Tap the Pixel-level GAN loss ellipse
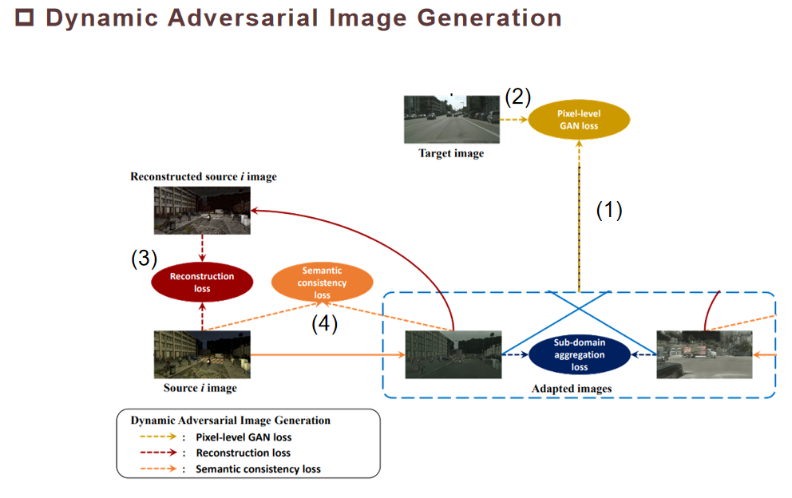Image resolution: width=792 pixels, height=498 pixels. pos(579,120)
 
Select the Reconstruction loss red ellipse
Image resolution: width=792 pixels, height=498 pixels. pos(202,282)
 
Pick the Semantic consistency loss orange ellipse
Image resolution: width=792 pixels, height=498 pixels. pos(322,283)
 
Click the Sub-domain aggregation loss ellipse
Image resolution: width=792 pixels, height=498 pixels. pos(580,355)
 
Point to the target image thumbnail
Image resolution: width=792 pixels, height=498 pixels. pos(451,119)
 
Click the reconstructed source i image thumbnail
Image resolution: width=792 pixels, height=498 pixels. pos(202,209)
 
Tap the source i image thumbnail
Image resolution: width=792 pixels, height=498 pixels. pos(202,354)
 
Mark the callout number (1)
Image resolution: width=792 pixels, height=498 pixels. pos(609,210)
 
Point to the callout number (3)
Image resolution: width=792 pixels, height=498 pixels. pos(144,259)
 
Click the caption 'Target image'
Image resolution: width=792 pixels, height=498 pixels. pos(451,153)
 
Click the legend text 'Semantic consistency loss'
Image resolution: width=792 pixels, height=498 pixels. pos(258,469)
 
